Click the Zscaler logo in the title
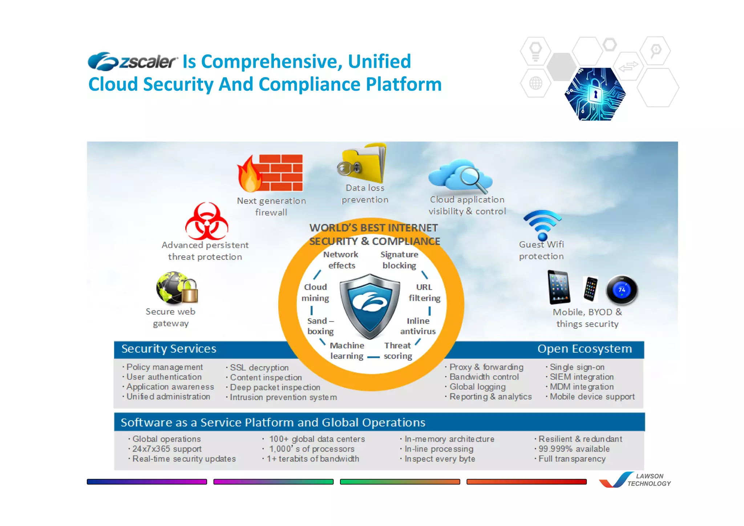pyautogui.click(x=133, y=61)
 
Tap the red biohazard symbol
pyautogui.click(x=206, y=221)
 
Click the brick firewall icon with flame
pyautogui.click(x=271, y=173)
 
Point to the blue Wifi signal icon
pyautogui.click(x=542, y=224)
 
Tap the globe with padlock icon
pyautogui.click(x=177, y=288)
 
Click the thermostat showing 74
pyautogui.click(x=622, y=290)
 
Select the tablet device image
pyautogui.click(x=559, y=287)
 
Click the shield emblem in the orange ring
pyautogui.click(x=370, y=305)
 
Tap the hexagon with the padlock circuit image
pyautogui.click(x=595, y=94)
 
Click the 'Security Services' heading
pyautogui.click(x=169, y=349)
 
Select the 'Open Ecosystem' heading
pyautogui.click(x=585, y=349)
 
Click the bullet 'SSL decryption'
pyautogui.click(x=259, y=368)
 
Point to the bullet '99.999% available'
pyautogui.click(x=574, y=449)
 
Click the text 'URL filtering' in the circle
pyautogui.click(x=424, y=292)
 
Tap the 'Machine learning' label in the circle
pyautogui.click(x=347, y=351)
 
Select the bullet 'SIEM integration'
pyautogui.click(x=581, y=377)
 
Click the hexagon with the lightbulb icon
pyautogui.click(x=535, y=51)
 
